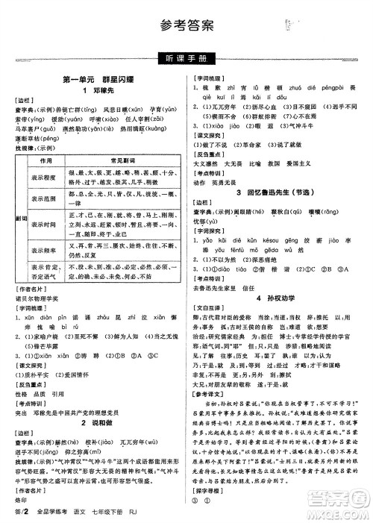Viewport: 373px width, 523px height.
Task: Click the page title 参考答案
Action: [x=186, y=25]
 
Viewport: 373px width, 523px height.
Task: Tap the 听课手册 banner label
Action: [x=186, y=58]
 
